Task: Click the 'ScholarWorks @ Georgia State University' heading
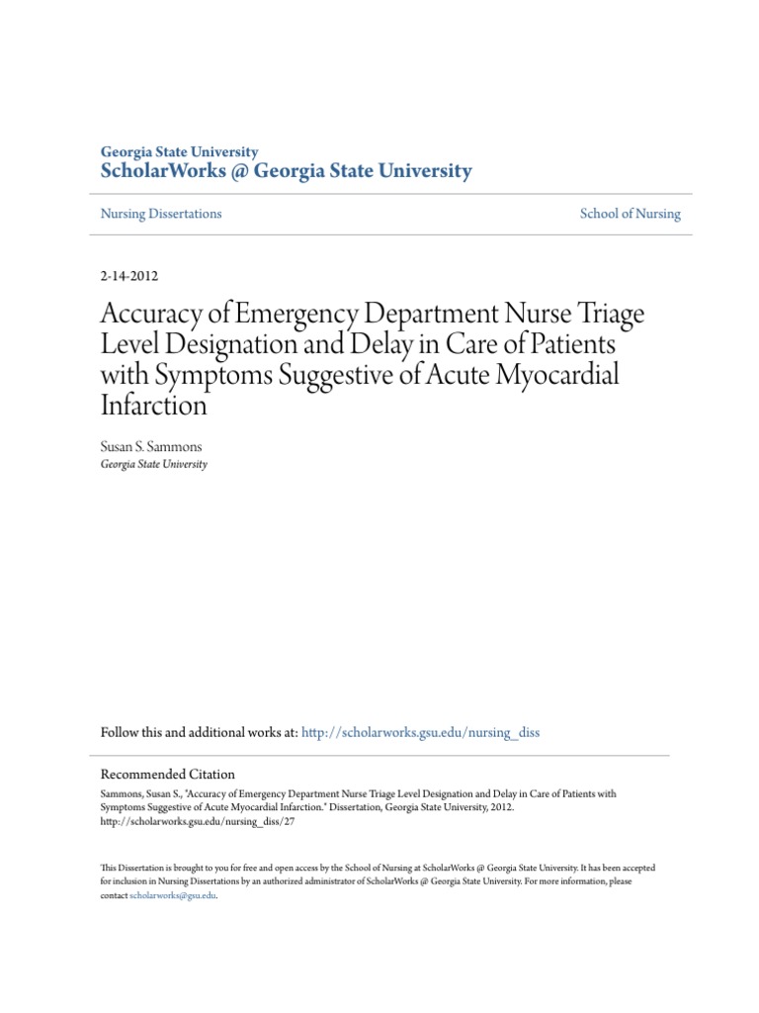click(x=287, y=171)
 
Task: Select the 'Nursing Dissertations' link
click(x=161, y=214)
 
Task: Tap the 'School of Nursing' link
click(x=631, y=214)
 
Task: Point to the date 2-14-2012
click(x=129, y=277)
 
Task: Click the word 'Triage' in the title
click(x=603, y=316)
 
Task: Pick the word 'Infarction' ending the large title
click(x=154, y=406)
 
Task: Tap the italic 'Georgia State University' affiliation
click(x=154, y=464)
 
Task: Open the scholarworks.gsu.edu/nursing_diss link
click(x=420, y=733)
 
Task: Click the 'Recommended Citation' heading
click(x=168, y=775)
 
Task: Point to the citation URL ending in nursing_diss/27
click(x=198, y=821)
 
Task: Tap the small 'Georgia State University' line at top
click(x=180, y=152)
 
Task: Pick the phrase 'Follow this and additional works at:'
click(x=199, y=733)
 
